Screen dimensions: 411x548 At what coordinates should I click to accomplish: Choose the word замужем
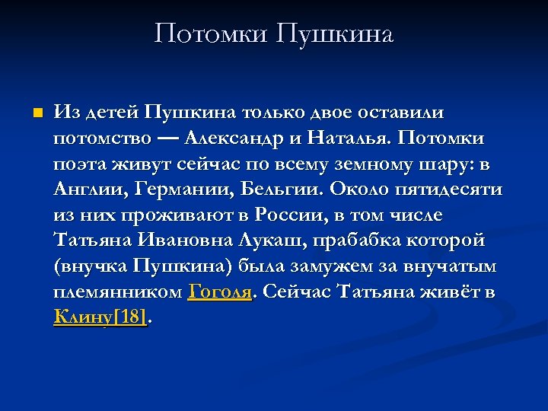(x=320, y=266)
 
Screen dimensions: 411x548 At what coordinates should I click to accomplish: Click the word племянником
(x=118, y=292)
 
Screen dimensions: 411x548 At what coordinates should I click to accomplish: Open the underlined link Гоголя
(x=219, y=292)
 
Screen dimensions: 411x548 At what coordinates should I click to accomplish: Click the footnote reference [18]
(x=130, y=317)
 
